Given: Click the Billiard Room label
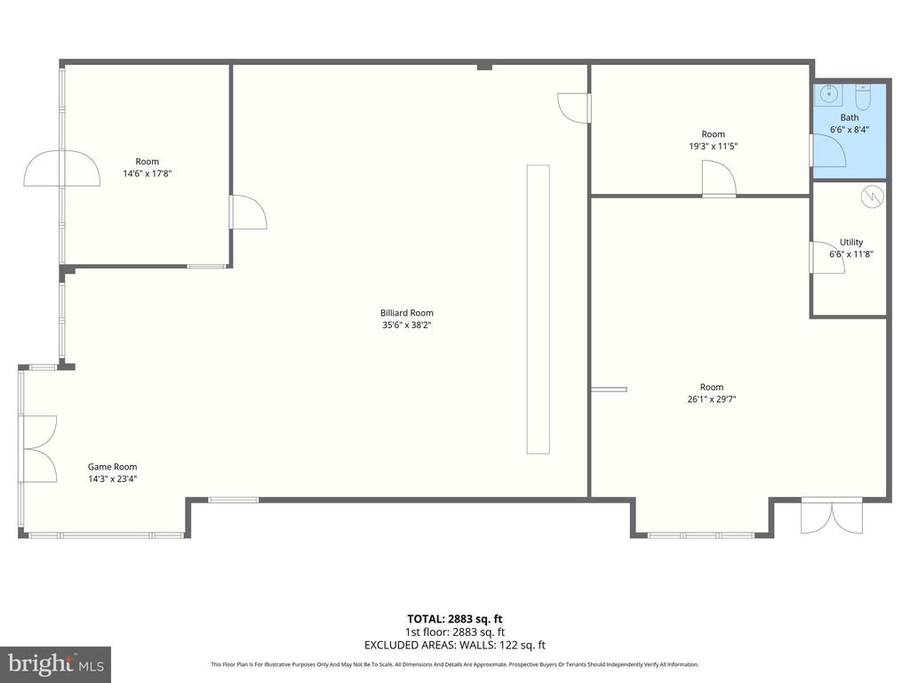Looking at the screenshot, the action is (x=406, y=313).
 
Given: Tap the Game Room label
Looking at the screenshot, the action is (x=113, y=466).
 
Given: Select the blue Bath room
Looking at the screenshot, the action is (x=849, y=131).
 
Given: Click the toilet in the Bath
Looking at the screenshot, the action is (x=863, y=98).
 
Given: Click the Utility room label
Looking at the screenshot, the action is (x=851, y=242).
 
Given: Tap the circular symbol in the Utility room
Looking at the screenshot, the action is (x=873, y=197).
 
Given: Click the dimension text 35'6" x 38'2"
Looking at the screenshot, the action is (x=406, y=325).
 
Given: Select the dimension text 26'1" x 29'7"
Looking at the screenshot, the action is (x=712, y=399).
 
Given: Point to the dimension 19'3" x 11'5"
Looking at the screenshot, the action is (x=713, y=147).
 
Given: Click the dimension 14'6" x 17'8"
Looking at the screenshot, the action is (x=147, y=173).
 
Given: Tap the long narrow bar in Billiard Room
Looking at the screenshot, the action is (x=538, y=309).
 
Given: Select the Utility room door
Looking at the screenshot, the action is (x=827, y=257).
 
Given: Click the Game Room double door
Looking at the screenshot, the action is (x=38, y=449).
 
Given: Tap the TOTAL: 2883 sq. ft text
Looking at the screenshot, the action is (x=454, y=619).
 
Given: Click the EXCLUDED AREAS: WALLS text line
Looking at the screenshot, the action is (x=454, y=645).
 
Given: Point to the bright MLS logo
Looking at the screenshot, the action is (x=55, y=664).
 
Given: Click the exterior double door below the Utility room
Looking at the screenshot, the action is (x=832, y=516).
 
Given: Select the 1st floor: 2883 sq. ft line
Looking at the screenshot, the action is (x=454, y=632).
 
